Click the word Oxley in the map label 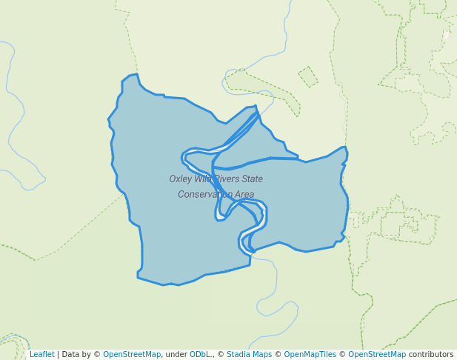coord(181,179)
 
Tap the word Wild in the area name coord(203,179)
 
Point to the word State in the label coord(252,179)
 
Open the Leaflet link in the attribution coord(41,355)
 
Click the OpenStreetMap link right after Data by coord(132,355)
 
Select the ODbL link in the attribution coord(201,355)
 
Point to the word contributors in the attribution coord(431,355)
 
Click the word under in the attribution coord(176,355)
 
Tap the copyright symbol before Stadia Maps coord(221,355)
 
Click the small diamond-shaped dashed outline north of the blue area coord(308,76)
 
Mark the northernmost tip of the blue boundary coord(136,74)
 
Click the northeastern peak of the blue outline coord(344,147)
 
